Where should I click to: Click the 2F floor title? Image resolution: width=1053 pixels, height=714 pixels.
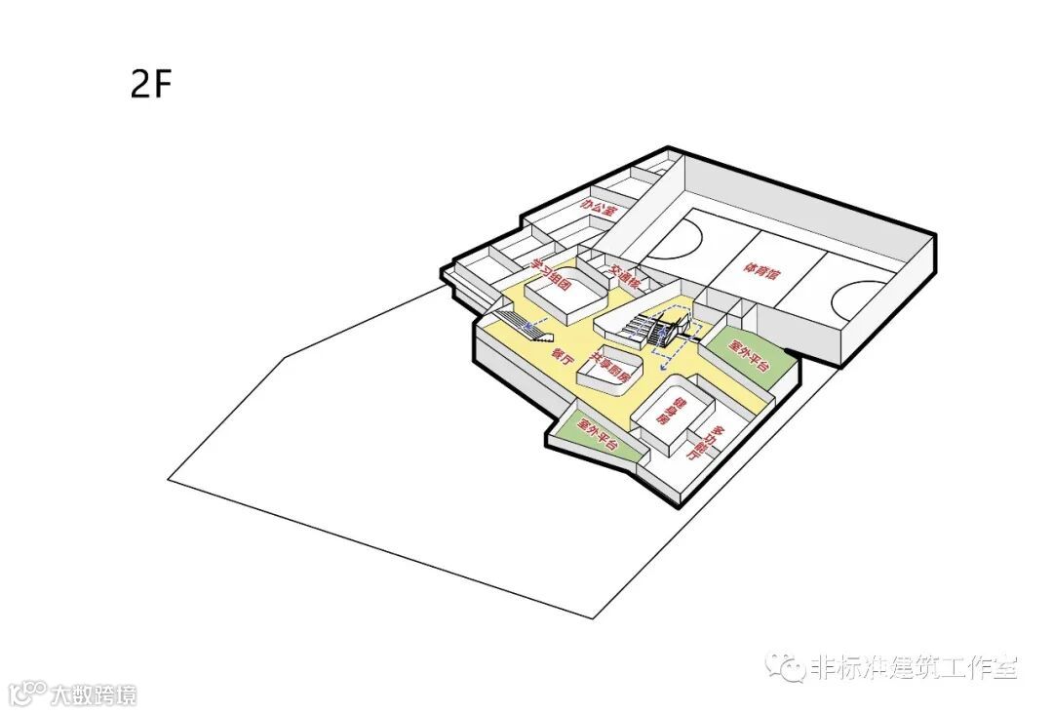tap(151, 85)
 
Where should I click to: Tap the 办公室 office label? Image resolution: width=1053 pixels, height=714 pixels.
tap(599, 208)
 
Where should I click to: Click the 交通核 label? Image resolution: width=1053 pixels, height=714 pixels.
tap(624, 276)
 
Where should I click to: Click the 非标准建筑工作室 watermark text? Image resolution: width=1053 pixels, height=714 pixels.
tap(912, 668)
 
